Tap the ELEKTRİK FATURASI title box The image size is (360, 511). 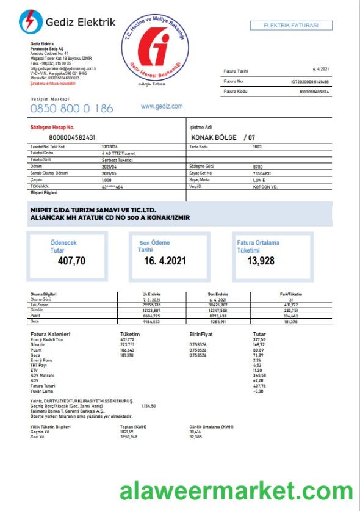point(291,26)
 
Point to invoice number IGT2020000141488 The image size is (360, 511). point(310,81)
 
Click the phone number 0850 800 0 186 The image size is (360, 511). point(72,109)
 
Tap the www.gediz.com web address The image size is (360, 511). point(162,106)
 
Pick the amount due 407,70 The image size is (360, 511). point(72,261)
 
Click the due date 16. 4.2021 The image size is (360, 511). point(165,261)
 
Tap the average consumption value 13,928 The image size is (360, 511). point(261,261)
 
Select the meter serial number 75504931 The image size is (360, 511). point(262,173)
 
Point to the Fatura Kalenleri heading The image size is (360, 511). point(50,334)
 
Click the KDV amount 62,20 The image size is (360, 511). point(259,380)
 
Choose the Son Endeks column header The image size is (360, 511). point(218,295)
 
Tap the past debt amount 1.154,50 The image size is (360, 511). point(148,405)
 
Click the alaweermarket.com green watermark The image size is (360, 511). point(236,491)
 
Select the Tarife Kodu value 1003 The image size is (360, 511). point(257,147)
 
